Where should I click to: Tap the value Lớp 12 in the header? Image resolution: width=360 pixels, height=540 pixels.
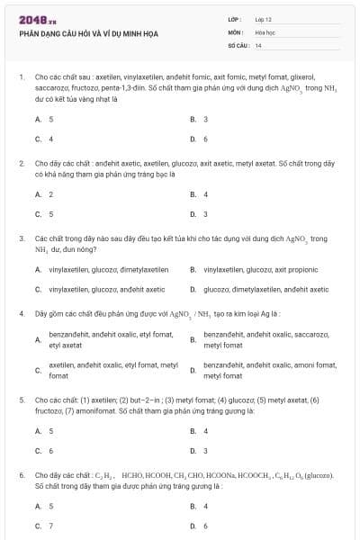(263, 19)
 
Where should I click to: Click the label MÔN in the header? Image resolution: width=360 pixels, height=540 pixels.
(235, 31)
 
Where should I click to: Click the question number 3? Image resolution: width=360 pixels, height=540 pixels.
(21, 238)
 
